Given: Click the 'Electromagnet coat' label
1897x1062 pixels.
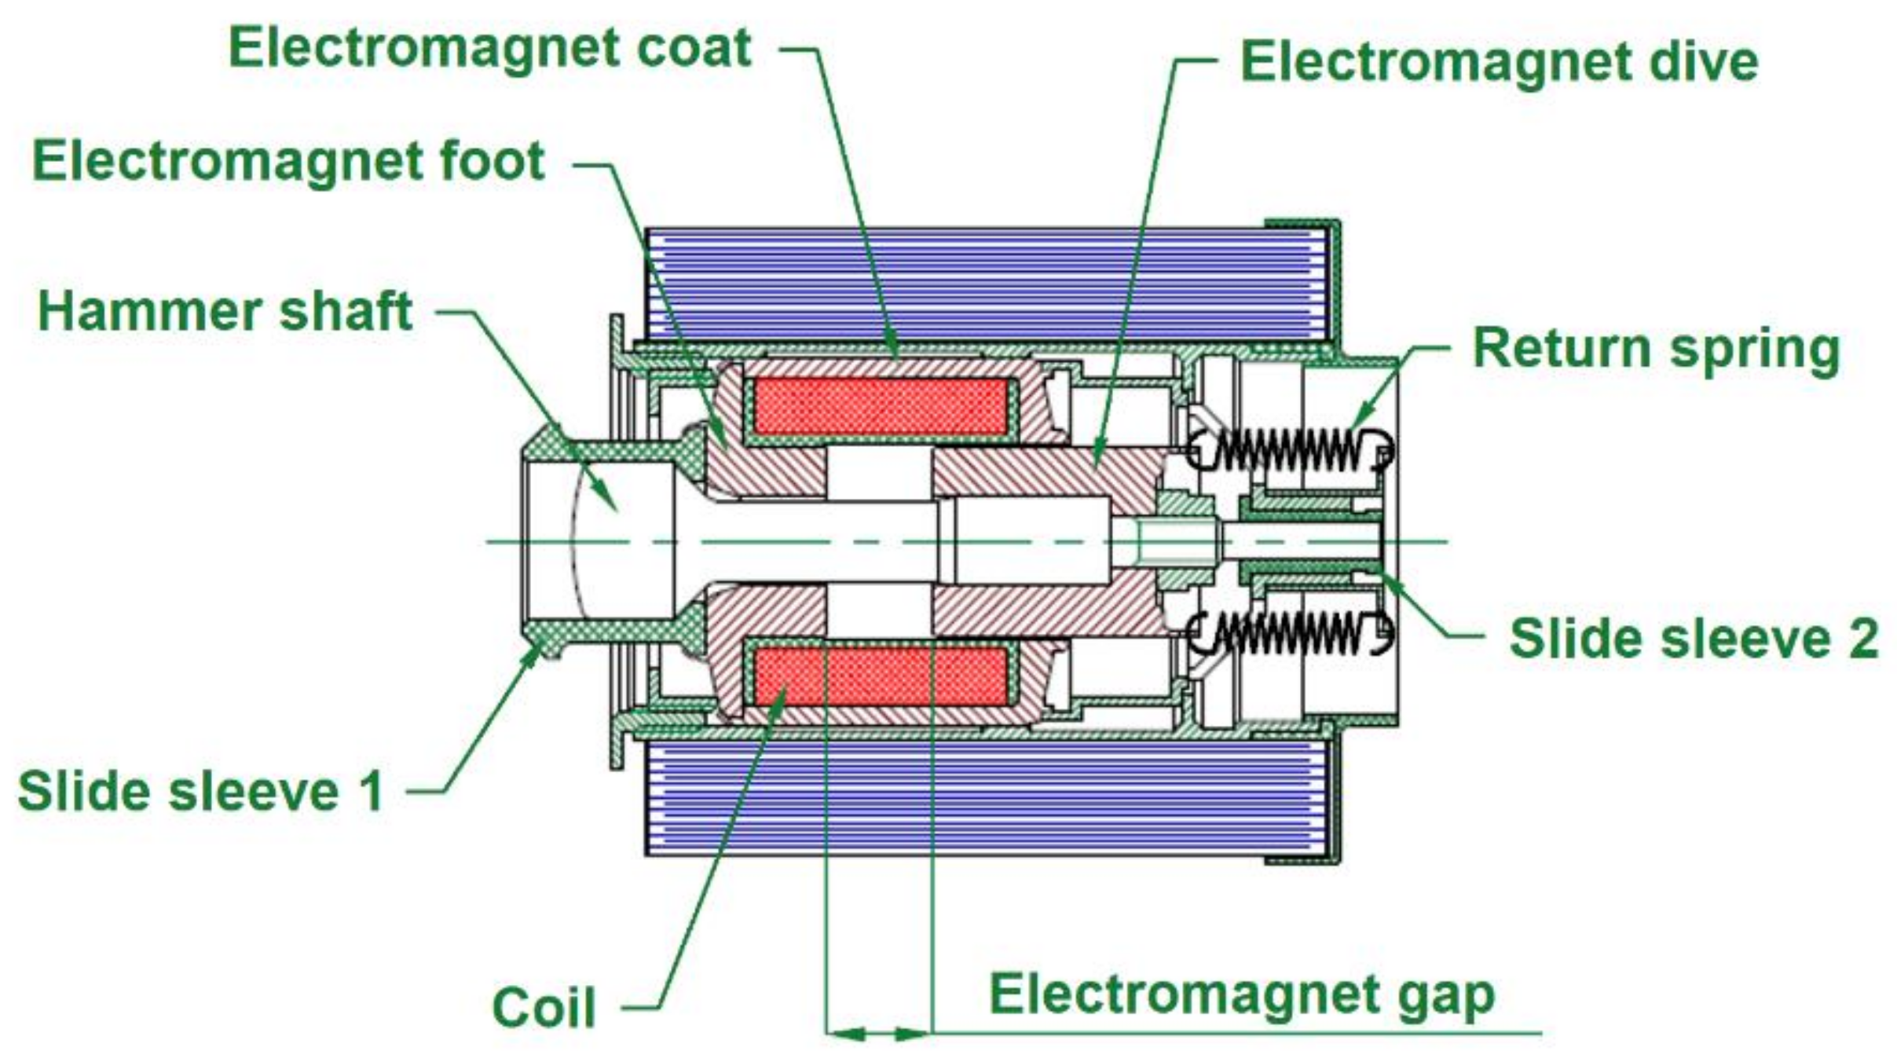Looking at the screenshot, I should [x=489, y=49].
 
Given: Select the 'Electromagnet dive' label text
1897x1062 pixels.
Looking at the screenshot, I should [x=1498, y=62].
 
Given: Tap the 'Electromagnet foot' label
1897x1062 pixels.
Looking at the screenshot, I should [x=288, y=162].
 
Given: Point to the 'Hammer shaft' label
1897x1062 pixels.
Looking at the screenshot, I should [x=225, y=312].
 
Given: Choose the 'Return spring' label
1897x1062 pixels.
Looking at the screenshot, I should [x=1656, y=349].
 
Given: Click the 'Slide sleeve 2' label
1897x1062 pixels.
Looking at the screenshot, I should [x=1694, y=638].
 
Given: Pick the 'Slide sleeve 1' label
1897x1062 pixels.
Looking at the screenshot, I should [x=201, y=791].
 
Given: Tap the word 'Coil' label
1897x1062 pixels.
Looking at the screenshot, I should [x=544, y=1008].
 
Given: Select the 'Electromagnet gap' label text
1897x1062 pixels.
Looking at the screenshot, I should [x=1241, y=995].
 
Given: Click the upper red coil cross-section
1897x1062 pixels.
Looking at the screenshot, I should [x=881, y=406].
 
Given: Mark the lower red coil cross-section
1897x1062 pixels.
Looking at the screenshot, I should [x=881, y=676].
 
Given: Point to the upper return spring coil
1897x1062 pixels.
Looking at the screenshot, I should [x=1288, y=452].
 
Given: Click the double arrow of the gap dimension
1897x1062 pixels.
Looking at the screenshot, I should [x=879, y=1034].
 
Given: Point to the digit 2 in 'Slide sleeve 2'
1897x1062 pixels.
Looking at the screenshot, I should [x=1862, y=638].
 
